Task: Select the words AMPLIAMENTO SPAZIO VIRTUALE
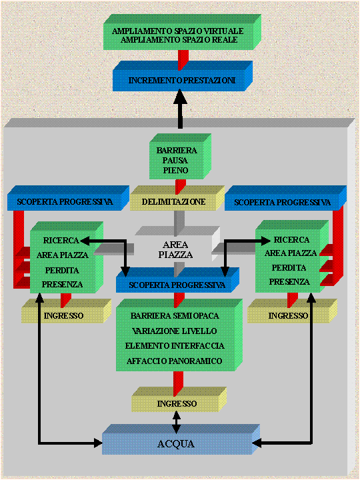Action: pyautogui.click(x=177, y=31)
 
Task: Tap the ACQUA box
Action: pyautogui.click(x=181, y=439)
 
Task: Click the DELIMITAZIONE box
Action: pyautogui.click(x=177, y=198)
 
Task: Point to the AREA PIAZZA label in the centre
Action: pyautogui.click(x=175, y=249)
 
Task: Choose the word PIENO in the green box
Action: pyautogui.click(x=175, y=170)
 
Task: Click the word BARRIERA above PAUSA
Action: pyautogui.click(x=177, y=150)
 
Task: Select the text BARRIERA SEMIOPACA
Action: pyautogui.click(x=175, y=315)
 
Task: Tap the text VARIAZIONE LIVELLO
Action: pyautogui.click(x=175, y=331)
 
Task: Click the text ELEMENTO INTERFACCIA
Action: pyautogui.click(x=175, y=345)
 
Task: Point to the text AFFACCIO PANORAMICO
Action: pyautogui.click(x=174, y=361)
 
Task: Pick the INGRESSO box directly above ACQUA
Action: pyautogui.click(x=179, y=399)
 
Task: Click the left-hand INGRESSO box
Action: pyautogui.click(x=66, y=311)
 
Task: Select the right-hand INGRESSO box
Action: pyautogui.click(x=293, y=311)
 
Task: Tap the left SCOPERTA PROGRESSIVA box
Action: pyautogui.click(x=68, y=198)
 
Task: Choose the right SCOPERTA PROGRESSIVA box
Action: pyautogui.click(x=285, y=198)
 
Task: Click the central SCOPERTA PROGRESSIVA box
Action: pyautogui.click(x=177, y=280)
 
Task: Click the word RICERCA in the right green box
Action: pyautogui.click(x=291, y=239)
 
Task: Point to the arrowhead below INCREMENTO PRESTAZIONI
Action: pyautogui.click(x=180, y=97)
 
